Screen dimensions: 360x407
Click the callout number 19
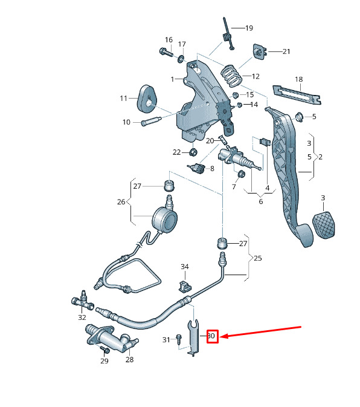[x=249, y=28]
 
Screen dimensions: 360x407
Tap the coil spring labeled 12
[x=231, y=76]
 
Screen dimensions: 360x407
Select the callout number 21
[x=286, y=51]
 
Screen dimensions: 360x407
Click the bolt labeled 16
[x=166, y=52]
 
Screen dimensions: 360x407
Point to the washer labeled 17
[x=181, y=59]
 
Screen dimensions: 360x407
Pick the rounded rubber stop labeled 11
[x=147, y=99]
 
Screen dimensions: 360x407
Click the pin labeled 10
[x=151, y=121]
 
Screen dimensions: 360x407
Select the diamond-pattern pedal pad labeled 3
[x=324, y=225]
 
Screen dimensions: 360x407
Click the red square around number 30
[x=213, y=336]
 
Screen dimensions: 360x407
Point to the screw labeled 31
[x=179, y=339]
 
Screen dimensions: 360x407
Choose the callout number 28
[x=129, y=359]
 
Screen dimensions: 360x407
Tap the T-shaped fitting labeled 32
[x=82, y=301]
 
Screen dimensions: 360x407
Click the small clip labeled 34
[x=185, y=285]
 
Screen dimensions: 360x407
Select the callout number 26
[x=121, y=201]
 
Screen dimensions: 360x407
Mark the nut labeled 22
[x=194, y=152]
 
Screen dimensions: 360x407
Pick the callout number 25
[x=258, y=258]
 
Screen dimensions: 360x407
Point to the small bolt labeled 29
[x=104, y=350]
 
